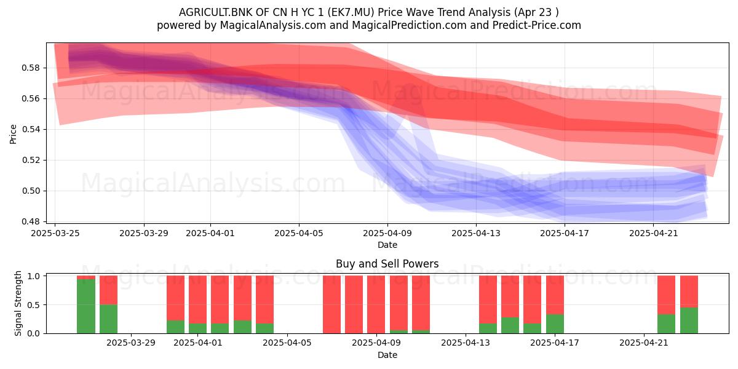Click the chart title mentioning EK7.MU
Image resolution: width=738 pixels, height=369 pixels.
pos(368,12)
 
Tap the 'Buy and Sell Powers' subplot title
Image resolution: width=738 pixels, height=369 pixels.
pos(387,264)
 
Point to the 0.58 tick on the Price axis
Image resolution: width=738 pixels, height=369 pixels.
pos(30,68)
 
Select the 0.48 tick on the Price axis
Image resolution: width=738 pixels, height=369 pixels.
pos(30,221)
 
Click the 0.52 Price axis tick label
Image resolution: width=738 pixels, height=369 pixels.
pos(30,160)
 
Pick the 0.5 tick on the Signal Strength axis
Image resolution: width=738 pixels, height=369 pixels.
pos(33,305)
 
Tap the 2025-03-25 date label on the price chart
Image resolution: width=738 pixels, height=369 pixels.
pos(55,233)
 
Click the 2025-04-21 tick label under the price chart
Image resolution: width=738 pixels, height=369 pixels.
pos(653,233)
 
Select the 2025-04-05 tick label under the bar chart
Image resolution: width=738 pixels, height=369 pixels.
pos(287,343)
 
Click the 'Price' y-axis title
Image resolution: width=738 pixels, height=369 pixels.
pos(13,134)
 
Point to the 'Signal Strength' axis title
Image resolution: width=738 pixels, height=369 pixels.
pos(18,303)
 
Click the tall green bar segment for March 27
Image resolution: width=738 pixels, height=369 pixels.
pos(86,306)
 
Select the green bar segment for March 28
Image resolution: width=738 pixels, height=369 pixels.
pos(108,319)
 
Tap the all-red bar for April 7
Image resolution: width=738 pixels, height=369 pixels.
pos(331,304)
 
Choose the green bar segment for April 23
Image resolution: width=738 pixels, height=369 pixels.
pos(689,320)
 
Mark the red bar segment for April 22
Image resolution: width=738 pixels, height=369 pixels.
pos(666,295)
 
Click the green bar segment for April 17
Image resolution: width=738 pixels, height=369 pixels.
pos(555,324)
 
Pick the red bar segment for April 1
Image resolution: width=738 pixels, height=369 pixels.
pos(197,300)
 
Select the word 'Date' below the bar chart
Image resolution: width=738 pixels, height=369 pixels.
pos(387,355)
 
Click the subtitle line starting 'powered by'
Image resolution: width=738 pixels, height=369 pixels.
pos(368,25)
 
